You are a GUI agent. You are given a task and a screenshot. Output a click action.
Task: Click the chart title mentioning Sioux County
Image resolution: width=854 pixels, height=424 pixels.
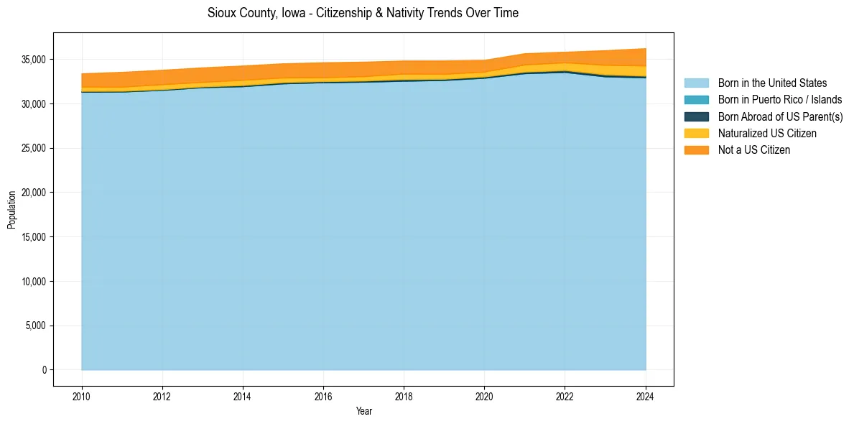[363, 13]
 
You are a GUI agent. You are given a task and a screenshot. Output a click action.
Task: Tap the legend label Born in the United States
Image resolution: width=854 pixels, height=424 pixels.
[772, 83]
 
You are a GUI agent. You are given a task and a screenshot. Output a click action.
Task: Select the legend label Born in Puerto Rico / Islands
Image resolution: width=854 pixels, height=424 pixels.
[780, 100]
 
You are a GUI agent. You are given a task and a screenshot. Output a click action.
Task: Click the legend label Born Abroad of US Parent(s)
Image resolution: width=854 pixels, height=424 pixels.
[780, 116]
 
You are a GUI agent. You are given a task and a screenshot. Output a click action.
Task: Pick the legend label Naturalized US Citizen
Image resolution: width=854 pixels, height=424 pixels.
[767, 133]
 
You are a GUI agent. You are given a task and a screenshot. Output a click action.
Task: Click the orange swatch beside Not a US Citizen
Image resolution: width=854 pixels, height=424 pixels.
[696, 149]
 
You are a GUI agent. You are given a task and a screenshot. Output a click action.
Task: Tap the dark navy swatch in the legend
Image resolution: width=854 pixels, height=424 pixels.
[696, 116]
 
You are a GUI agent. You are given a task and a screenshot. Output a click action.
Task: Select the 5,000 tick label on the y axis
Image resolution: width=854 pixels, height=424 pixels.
[37, 326]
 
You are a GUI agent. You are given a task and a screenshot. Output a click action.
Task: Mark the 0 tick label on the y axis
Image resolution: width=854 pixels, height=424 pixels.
[44, 370]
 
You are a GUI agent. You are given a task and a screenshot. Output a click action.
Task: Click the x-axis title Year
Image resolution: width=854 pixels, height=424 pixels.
[363, 411]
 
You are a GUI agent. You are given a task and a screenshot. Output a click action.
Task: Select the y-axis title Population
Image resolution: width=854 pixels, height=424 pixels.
[11, 209]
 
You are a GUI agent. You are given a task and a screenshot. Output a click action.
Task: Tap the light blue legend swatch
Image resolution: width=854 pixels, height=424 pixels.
[696, 83]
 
